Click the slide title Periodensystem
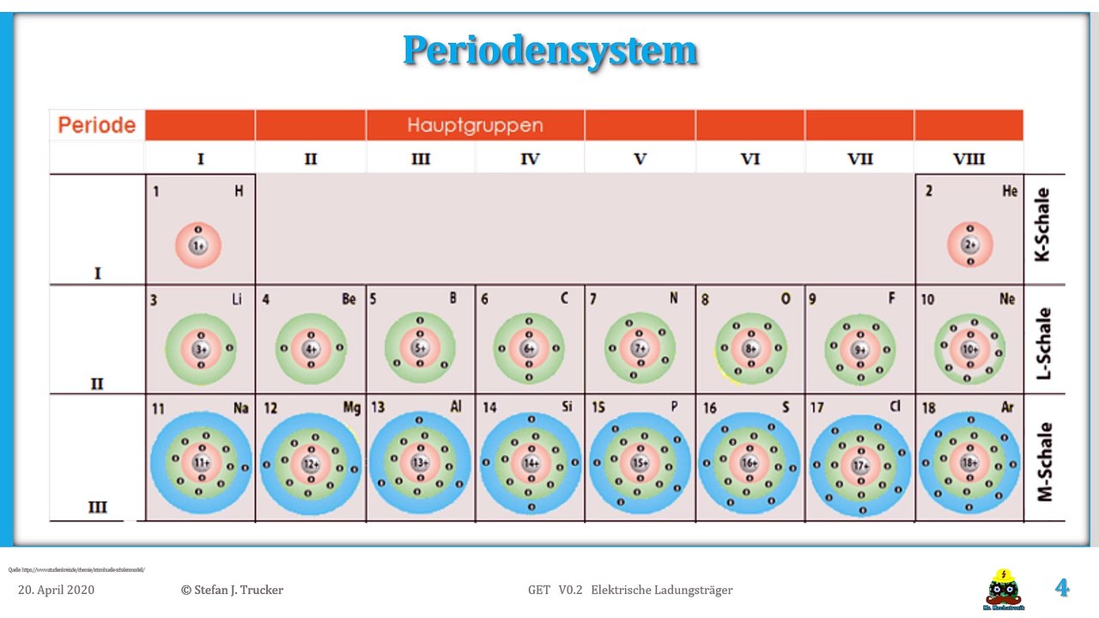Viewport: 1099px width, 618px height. [x=549, y=51]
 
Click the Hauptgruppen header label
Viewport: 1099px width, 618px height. [x=475, y=125]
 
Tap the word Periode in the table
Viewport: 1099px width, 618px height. [x=97, y=125]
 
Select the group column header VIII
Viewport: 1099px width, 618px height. [x=968, y=159]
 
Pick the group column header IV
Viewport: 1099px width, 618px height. [x=530, y=159]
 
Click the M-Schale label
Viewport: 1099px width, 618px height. [x=1044, y=461]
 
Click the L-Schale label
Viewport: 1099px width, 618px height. [x=1044, y=343]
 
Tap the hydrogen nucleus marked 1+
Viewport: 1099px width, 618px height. [x=197, y=245]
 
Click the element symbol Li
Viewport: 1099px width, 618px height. [x=237, y=299]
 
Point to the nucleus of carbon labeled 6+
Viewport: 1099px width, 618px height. [x=529, y=349]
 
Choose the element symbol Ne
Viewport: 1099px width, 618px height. [x=1007, y=299]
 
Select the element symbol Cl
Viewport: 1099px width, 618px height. [x=896, y=407]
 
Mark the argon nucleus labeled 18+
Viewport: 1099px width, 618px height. [x=970, y=463]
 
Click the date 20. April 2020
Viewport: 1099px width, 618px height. [x=57, y=590]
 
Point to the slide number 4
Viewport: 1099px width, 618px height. [x=1062, y=588]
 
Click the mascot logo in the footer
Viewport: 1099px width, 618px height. [x=1003, y=589]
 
